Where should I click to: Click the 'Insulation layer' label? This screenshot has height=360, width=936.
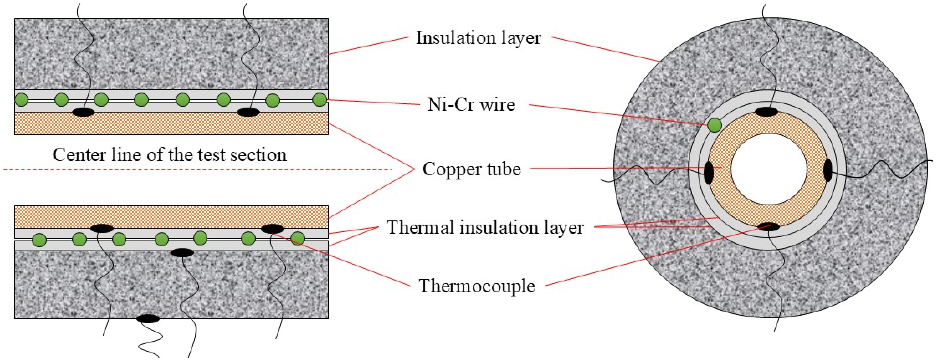click(478, 38)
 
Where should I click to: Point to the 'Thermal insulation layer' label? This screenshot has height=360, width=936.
click(485, 228)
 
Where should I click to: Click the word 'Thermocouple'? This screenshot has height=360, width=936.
click(477, 286)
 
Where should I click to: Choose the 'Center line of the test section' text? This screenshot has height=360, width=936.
click(170, 155)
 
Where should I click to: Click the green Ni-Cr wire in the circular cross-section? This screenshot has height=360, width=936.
click(714, 125)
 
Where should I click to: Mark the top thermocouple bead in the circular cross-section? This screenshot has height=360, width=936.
click(766, 112)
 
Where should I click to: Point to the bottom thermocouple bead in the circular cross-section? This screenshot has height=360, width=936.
click(769, 227)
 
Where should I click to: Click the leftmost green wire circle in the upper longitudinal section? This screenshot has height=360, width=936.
click(22, 99)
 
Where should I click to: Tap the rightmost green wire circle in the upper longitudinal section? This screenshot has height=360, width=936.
click(320, 100)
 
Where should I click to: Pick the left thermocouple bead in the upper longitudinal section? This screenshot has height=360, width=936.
click(83, 112)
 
